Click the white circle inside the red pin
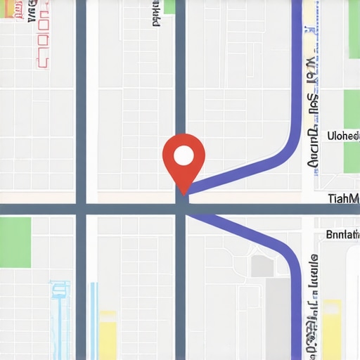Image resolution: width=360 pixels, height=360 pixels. (183, 155)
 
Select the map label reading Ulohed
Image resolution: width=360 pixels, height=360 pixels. (343, 136)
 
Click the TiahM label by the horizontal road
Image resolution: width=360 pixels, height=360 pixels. (344, 199)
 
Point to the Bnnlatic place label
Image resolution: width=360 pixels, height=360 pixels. (343, 236)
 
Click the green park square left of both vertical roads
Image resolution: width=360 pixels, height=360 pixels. (15, 242)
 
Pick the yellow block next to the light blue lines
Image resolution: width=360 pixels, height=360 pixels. (108, 334)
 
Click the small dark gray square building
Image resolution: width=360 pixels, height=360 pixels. (262, 265)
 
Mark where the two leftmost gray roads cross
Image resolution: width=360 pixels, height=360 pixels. (81, 209)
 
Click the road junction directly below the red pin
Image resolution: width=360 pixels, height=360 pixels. (181, 209)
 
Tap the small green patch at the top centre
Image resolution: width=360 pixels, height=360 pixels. (169, 7)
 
